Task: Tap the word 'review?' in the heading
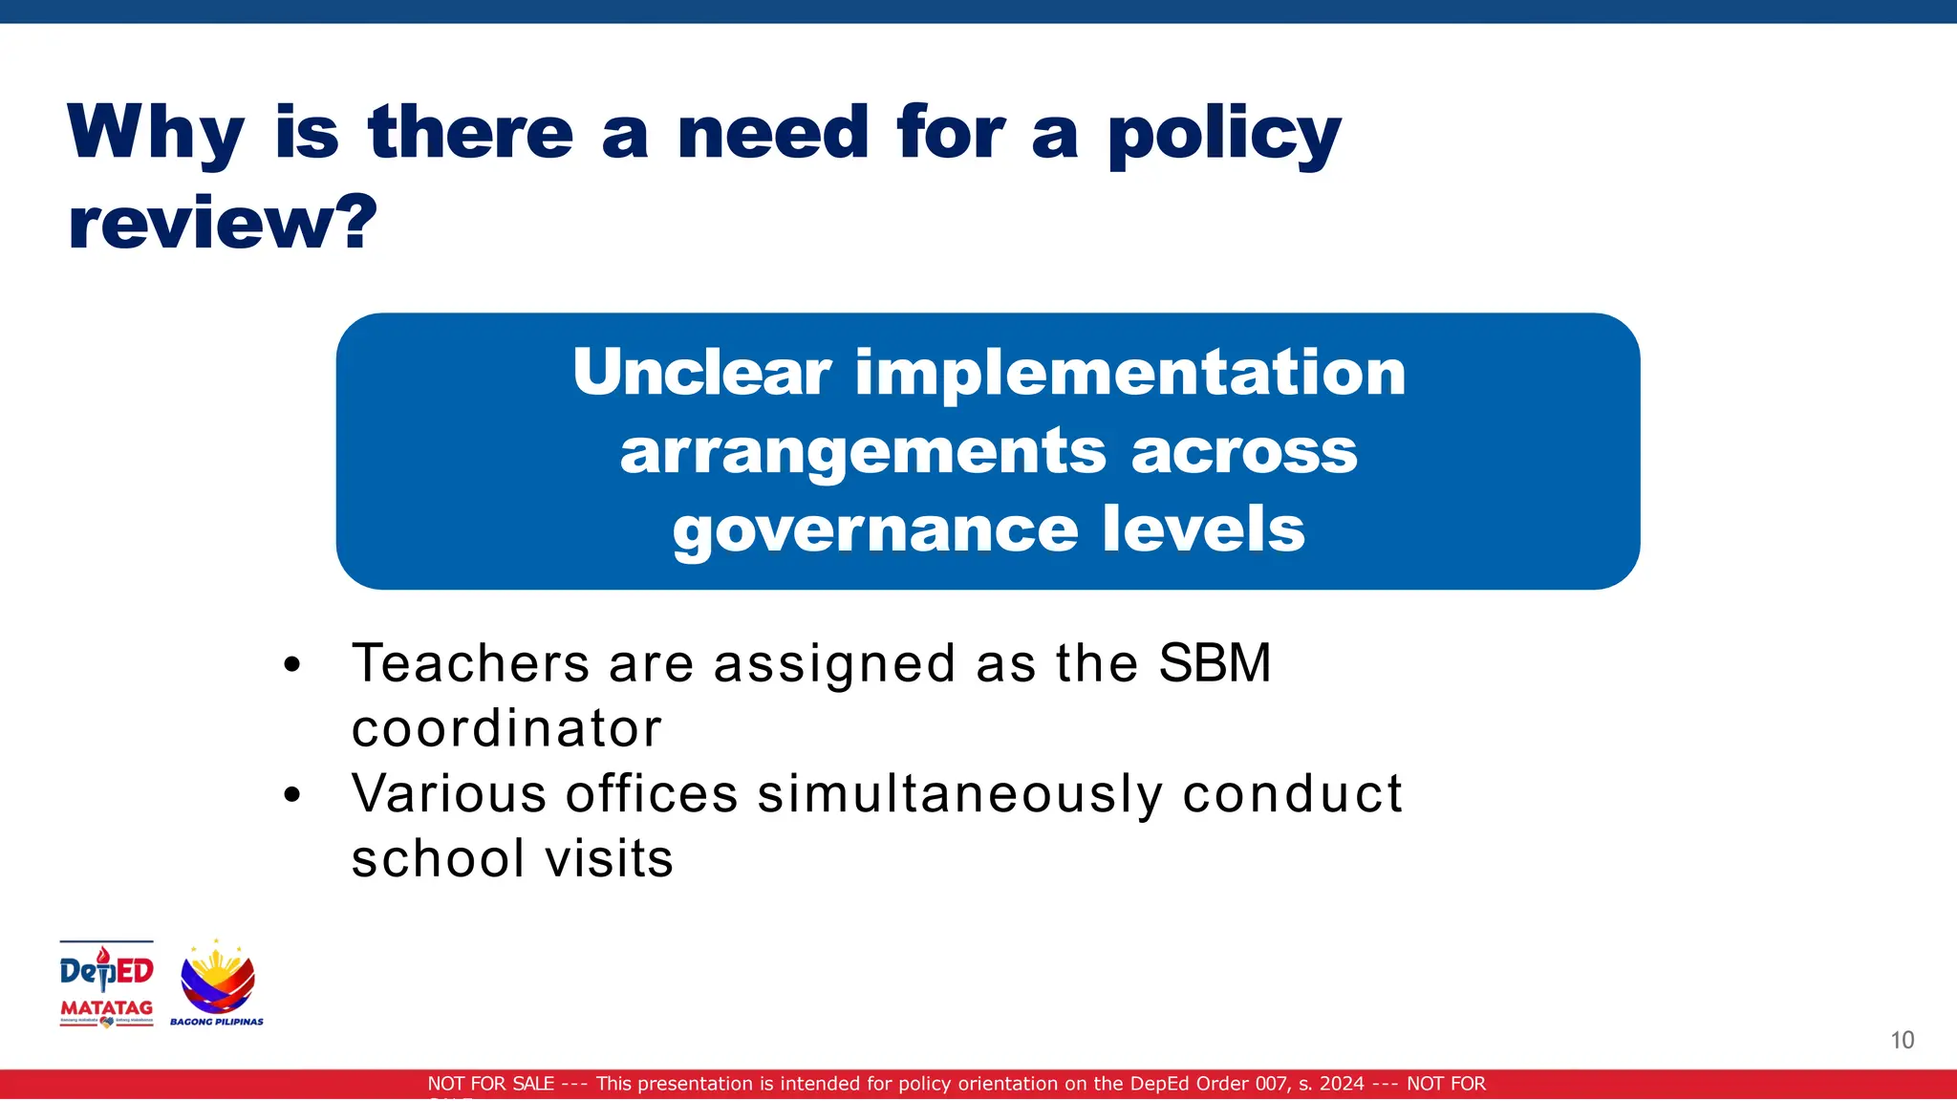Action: point(223,223)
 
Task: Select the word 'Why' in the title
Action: point(156,134)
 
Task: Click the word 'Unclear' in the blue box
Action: point(701,372)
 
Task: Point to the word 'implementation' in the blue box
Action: point(1130,372)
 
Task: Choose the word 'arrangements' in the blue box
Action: point(863,451)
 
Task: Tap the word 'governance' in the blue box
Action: point(875,530)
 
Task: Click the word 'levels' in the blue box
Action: point(1203,529)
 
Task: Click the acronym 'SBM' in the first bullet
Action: point(1215,663)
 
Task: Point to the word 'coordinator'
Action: point(506,728)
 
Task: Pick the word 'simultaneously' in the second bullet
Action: point(960,794)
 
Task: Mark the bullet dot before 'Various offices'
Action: point(292,795)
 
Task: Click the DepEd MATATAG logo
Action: point(106,983)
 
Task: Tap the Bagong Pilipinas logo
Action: point(218,983)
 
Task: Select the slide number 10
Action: point(1902,1040)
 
